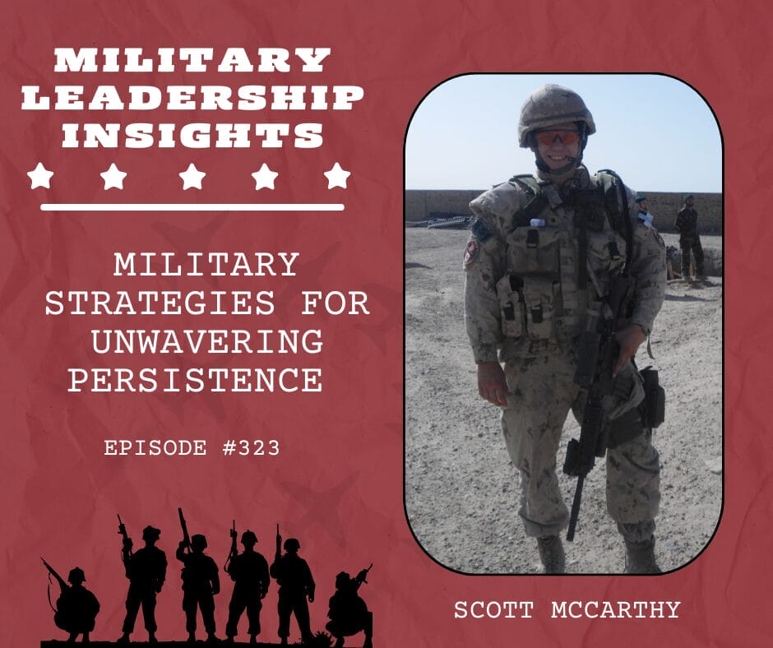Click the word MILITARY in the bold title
(x=192, y=60)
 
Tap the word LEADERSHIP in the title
(x=192, y=98)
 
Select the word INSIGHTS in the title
(x=192, y=135)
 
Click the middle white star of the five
(x=192, y=176)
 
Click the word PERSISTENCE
(x=195, y=381)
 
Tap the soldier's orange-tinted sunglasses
(x=558, y=138)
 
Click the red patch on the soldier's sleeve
(x=471, y=252)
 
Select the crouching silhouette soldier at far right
(x=349, y=605)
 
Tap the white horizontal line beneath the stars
(x=192, y=206)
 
